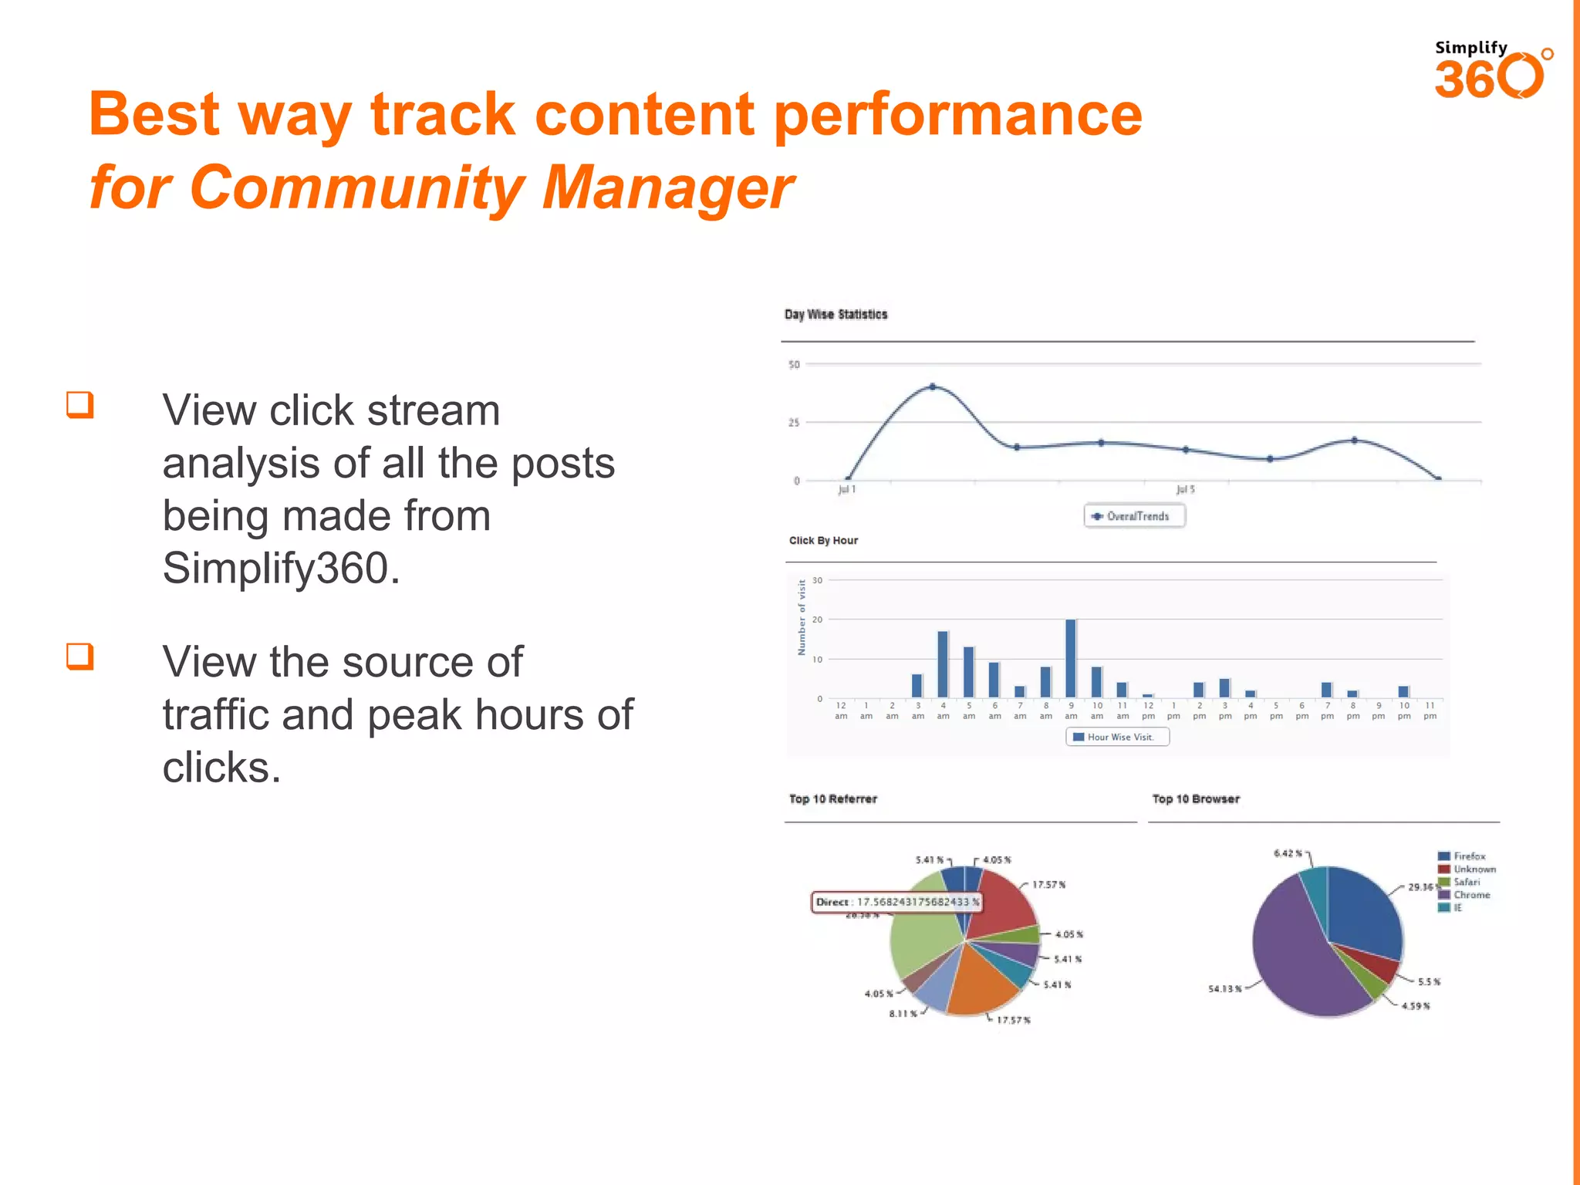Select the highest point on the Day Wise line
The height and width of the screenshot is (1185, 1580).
[x=933, y=387]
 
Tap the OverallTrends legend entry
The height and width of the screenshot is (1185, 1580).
[x=1134, y=516]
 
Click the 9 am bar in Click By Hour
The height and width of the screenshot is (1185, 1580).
[x=1071, y=658]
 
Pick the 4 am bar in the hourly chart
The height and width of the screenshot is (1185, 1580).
[x=943, y=664]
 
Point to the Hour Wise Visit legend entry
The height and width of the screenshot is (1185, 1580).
[x=1117, y=737]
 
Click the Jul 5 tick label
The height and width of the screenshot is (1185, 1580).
[x=1185, y=489]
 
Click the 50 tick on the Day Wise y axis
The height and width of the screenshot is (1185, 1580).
[x=794, y=364]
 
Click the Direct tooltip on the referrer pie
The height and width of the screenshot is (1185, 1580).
[x=896, y=902]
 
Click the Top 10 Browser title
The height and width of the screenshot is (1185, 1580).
[x=1196, y=799]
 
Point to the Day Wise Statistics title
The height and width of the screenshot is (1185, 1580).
[x=836, y=315]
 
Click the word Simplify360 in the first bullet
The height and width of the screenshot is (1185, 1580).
[x=281, y=569]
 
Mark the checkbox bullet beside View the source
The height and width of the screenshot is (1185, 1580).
[x=80, y=657]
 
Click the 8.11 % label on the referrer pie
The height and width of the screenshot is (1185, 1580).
[x=903, y=1014]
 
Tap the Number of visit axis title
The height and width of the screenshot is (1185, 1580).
[x=802, y=618]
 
